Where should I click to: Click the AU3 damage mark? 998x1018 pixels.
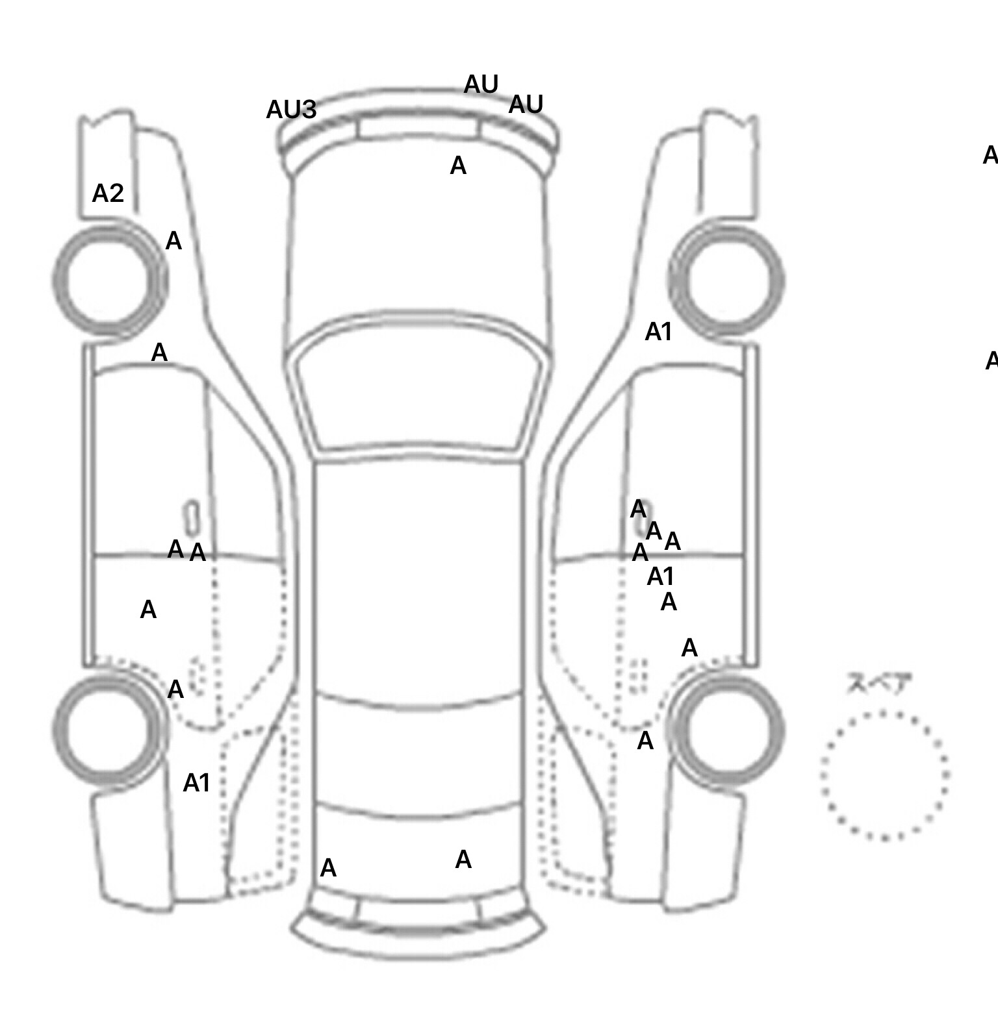[291, 110]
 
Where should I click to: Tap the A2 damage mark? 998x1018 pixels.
[108, 193]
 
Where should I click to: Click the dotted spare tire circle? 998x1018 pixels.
[884, 775]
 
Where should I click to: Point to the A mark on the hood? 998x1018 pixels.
[458, 166]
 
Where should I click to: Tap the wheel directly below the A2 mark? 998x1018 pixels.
[109, 280]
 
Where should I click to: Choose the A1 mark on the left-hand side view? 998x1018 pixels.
[196, 784]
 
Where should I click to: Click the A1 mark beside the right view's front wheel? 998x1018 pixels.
[658, 332]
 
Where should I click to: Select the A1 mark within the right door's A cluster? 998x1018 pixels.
[661, 577]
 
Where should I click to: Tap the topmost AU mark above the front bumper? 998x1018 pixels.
[481, 84]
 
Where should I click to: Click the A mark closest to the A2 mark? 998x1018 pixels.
[173, 242]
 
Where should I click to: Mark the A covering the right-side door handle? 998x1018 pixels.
[638, 510]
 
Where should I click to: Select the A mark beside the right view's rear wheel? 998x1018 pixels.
[645, 741]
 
